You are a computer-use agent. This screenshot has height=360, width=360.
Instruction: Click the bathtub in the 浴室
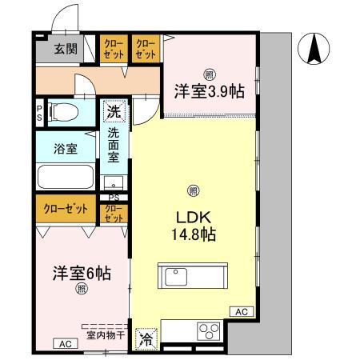coord(66,175)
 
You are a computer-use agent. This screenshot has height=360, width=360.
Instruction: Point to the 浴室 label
coord(66,148)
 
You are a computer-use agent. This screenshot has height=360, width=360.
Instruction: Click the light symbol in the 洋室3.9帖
coord(208,74)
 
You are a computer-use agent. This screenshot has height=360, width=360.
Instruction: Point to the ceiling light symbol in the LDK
coord(192,190)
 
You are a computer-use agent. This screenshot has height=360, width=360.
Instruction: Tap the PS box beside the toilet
coord(39,110)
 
